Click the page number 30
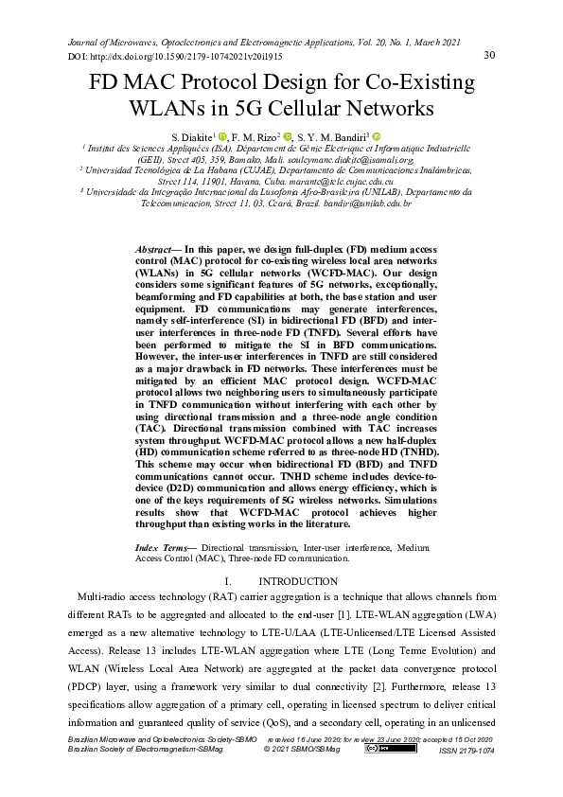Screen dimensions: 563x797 pyautogui.click(x=489, y=55)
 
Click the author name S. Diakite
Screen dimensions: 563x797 pyautogui.click(x=188, y=137)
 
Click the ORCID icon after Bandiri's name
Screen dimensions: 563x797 pyautogui.click(x=376, y=136)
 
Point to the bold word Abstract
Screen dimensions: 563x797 pyautogui.click(x=154, y=245)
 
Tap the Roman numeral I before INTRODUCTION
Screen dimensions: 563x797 pyautogui.click(x=229, y=580)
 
